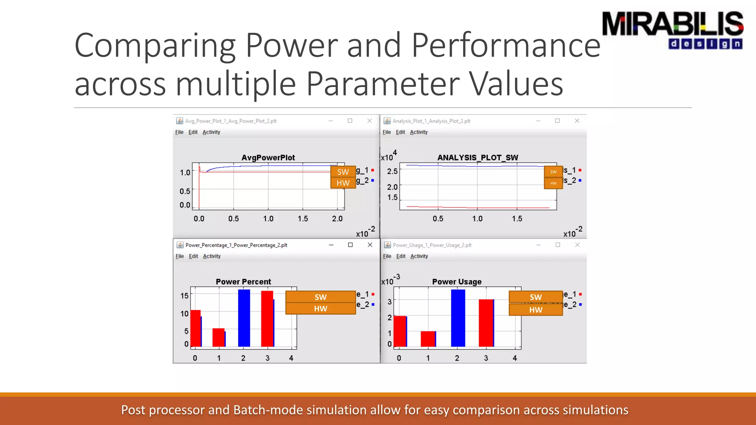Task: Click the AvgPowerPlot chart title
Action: (x=268, y=158)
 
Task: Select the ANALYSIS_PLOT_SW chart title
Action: (x=478, y=158)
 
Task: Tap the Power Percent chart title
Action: (x=243, y=281)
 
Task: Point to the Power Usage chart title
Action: (x=457, y=281)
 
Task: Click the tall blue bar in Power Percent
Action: (x=244, y=318)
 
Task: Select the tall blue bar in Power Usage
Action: (x=458, y=318)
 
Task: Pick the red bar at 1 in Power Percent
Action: (x=218, y=337)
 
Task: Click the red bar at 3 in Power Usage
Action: (x=486, y=323)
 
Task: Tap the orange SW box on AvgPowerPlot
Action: (x=343, y=172)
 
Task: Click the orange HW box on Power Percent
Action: (x=320, y=309)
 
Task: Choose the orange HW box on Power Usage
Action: (x=536, y=310)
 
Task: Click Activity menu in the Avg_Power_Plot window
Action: (x=211, y=132)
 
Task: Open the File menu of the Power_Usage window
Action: (x=387, y=256)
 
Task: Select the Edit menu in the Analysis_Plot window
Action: (x=400, y=132)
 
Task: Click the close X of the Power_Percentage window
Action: (x=370, y=245)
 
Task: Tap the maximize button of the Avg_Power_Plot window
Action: (x=350, y=121)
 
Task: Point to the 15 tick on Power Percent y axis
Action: (x=185, y=296)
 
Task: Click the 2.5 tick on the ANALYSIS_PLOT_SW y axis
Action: (x=392, y=171)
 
